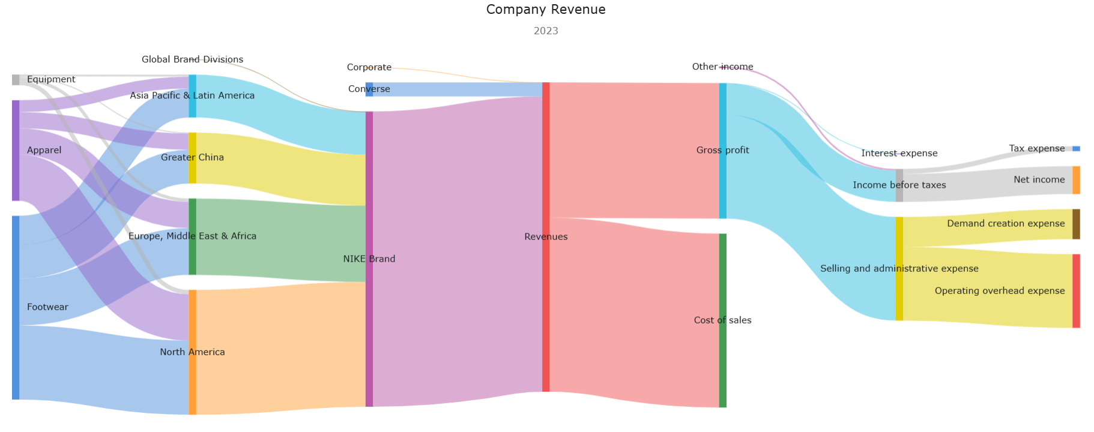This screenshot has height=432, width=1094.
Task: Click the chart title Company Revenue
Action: (x=546, y=10)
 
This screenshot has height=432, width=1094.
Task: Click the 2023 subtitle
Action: (x=546, y=31)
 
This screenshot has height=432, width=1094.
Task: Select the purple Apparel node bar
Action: (x=16, y=150)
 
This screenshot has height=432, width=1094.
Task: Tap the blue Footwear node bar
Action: (x=16, y=307)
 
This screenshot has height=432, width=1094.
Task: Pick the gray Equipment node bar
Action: (x=16, y=80)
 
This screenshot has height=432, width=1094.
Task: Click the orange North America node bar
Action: (x=192, y=352)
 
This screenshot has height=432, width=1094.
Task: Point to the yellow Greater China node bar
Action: (x=192, y=158)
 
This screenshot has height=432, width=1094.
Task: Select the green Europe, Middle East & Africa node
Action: (x=192, y=236)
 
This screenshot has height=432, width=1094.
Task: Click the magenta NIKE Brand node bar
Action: (x=369, y=259)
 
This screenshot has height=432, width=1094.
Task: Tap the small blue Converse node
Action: (x=369, y=89)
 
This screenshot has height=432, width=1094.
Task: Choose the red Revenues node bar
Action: (x=546, y=237)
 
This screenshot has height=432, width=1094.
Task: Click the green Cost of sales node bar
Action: (x=723, y=320)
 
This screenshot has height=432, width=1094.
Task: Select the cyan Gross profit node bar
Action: (x=723, y=151)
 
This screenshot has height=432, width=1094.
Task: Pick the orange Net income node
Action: (x=1076, y=180)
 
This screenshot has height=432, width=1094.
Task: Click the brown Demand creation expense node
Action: (x=1076, y=224)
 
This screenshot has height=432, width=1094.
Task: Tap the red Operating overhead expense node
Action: (x=1076, y=291)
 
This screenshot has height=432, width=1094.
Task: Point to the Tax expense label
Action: (x=1036, y=148)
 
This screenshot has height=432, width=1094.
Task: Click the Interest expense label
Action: (x=899, y=153)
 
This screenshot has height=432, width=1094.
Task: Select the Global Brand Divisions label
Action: (x=192, y=59)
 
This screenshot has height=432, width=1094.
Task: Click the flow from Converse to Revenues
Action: (x=456, y=89)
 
